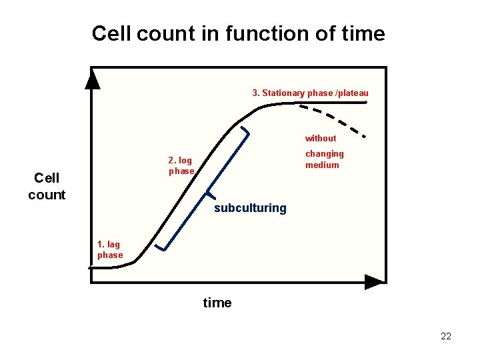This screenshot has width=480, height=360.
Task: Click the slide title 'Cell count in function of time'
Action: point(238,33)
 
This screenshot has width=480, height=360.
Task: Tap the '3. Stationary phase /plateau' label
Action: point(310,93)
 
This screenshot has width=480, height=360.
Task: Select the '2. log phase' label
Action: point(181,165)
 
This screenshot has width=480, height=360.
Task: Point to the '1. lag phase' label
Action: point(110,249)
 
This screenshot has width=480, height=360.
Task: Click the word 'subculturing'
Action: point(250,208)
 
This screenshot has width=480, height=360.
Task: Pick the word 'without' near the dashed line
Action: point(321,138)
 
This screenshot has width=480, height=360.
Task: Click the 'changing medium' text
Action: point(324,159)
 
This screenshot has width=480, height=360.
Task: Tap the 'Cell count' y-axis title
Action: point(47,186)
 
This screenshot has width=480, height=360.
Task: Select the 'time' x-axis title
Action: point(217,303)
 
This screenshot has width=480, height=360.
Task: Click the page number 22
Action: point(446,336)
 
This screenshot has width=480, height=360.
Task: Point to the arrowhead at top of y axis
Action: point(93,80)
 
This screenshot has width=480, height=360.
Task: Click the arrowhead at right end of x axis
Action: point(375,281)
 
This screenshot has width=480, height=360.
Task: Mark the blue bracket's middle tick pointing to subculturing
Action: point(209,195)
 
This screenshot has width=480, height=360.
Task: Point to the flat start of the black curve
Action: point(107,267)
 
